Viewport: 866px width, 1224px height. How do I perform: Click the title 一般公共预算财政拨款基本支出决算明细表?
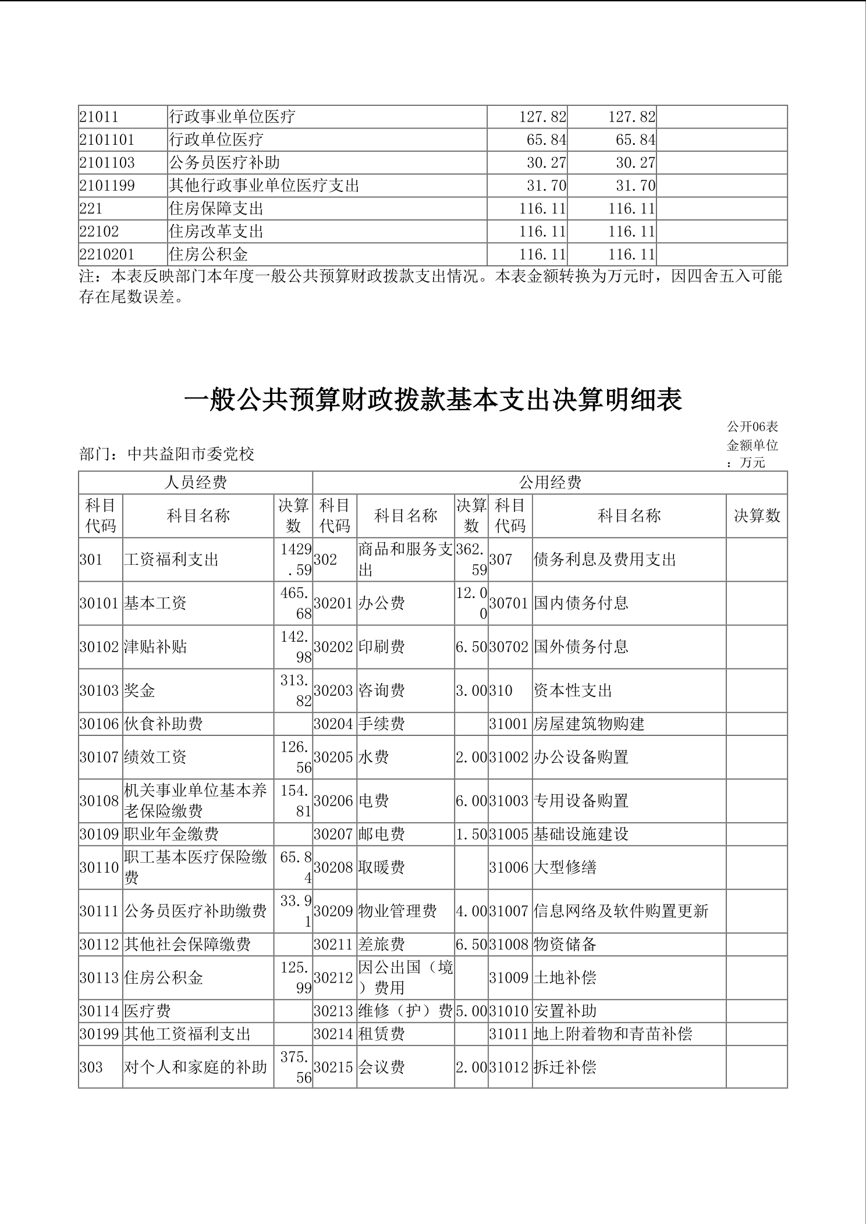coord(432,400)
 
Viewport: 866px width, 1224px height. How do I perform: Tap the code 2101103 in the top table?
coord(107,162)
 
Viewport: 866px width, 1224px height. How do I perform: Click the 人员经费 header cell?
coord(196,482)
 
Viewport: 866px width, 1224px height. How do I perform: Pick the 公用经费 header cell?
coord(549,482)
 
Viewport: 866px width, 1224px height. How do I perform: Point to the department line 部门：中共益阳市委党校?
coord(167,454)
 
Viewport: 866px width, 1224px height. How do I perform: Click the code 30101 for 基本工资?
coord(100,603)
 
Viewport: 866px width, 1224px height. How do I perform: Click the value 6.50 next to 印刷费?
coord(471,646)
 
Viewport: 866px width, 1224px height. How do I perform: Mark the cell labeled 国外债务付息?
coord(581,646)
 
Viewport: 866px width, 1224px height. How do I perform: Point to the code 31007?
coord(509,910)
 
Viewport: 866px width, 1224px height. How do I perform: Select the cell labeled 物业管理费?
coord(397,910)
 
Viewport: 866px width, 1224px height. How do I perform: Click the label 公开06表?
coord(753,426)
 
